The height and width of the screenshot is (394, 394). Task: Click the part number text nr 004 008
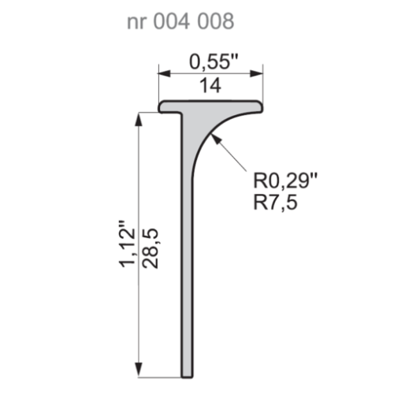tap(180, 21)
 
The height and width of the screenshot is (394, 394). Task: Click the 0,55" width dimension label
tap(211, 60)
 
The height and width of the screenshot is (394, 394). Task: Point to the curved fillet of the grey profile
tap(206, 130)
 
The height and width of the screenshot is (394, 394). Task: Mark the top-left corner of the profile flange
tap(161, 102)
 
